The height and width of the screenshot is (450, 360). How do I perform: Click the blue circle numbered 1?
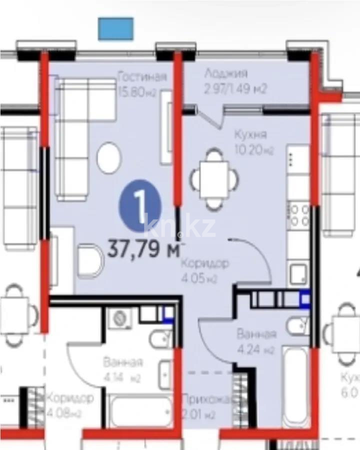[x=140, y=205]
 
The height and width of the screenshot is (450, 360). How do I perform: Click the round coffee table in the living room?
[x=109, y=157]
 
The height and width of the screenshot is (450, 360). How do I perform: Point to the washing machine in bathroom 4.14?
[x=119, y=317]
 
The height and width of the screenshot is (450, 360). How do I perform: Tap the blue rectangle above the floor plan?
[x=115, y=28]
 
